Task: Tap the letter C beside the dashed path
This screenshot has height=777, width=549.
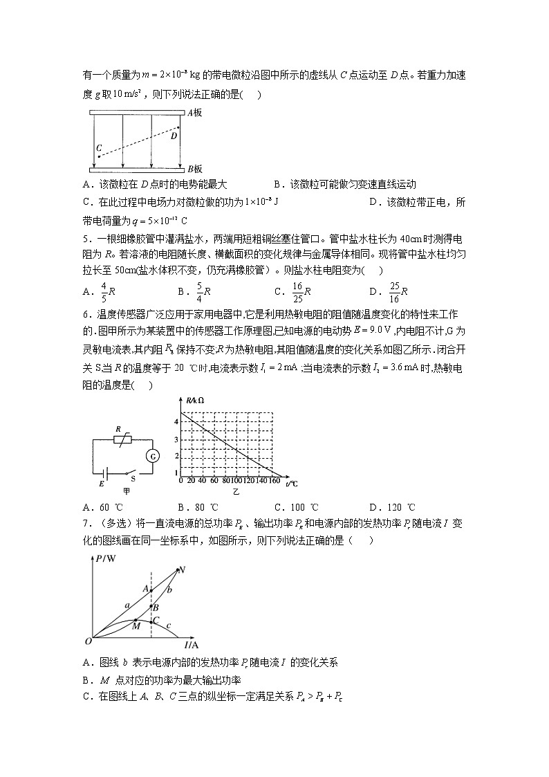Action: (x=99, y=148)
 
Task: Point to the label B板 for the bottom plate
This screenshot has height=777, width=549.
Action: (x=194, y=169)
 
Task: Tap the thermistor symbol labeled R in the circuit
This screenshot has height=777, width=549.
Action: (x=122, y=439)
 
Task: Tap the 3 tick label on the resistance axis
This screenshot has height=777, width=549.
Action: (x=177, y=440)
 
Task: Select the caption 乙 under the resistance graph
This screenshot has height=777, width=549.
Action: (x=236, y=491)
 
